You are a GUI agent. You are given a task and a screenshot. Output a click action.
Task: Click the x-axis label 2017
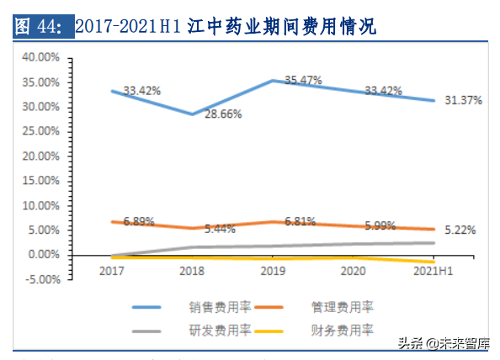(111, 271)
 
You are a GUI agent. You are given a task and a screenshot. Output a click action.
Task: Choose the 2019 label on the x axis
(273, 271)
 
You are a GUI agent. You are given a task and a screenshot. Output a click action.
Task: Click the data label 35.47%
(302, 80)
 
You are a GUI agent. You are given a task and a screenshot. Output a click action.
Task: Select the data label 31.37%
(463, 100)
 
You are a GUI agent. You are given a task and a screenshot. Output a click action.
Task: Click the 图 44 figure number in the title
(40, 28)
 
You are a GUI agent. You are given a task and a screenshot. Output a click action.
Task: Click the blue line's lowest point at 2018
(192, 114)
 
